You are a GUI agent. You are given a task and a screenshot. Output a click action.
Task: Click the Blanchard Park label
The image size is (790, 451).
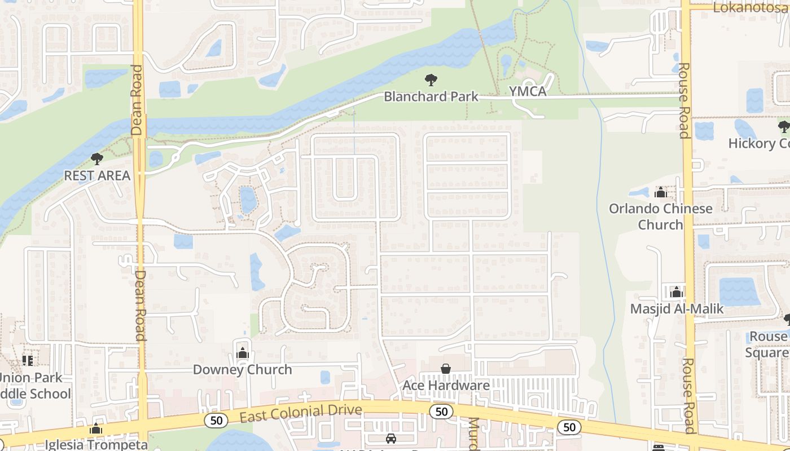point(431,96)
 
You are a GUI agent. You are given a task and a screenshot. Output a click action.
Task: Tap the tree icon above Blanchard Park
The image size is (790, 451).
point(431,80)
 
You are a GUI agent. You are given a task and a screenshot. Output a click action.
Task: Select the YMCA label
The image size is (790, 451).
point(528,91)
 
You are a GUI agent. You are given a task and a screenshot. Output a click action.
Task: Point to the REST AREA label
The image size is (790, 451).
point(97,175)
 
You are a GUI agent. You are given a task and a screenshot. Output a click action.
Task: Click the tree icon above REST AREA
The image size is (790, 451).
point(97,159)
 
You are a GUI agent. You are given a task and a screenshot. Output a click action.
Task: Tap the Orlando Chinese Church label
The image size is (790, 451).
point(660,216)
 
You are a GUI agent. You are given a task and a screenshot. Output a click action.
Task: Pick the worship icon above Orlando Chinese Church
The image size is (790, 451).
point(660,193)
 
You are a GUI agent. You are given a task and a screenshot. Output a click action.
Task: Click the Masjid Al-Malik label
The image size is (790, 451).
point(677,309)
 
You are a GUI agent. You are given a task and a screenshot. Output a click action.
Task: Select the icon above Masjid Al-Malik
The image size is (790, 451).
point(677,292)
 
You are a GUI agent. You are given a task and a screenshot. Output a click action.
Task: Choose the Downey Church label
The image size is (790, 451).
point(243,370)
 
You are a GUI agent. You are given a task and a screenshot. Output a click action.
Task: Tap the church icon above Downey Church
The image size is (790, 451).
point(243,353)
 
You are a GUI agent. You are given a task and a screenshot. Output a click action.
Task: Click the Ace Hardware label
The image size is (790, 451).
point(446,386)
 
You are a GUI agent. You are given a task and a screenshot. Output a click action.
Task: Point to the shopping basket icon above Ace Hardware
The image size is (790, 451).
point(446,369)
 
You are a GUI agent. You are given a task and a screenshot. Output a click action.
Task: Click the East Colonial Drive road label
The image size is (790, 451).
point(300,413)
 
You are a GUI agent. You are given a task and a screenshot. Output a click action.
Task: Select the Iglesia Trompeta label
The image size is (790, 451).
point(96,444)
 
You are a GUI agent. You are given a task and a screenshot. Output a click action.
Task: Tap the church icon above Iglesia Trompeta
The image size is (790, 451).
point(96,429)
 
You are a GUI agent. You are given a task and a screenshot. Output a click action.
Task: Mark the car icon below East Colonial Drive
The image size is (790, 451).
point(390,439)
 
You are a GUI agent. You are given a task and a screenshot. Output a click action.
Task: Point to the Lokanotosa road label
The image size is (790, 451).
point(750,7)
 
